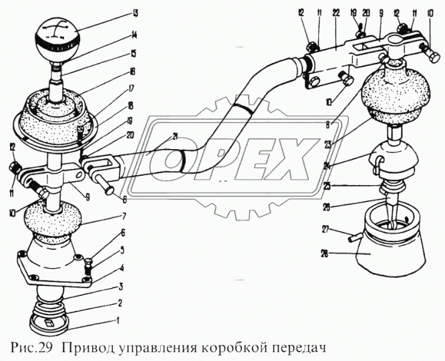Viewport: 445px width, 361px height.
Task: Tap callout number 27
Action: click(x=325, y=229)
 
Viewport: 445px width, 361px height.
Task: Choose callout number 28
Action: click(x=324, y=253)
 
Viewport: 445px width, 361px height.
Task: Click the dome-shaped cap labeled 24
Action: click(x=396, y=161)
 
